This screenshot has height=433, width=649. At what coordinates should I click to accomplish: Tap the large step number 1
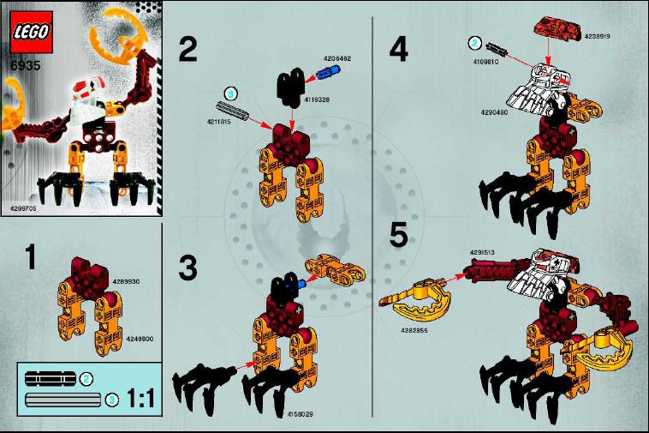[30, 257]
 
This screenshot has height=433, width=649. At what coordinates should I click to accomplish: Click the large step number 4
[398, 49]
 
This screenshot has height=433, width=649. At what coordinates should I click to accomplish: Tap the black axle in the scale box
[51, 378]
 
